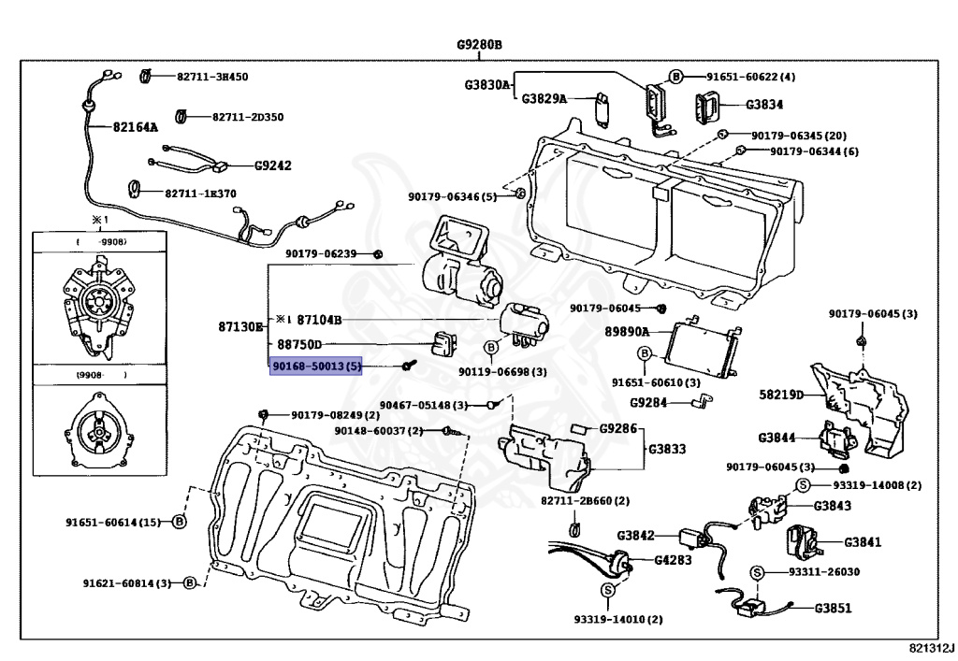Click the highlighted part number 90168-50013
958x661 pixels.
(315, 366)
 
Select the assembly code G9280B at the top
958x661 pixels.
(480, 45)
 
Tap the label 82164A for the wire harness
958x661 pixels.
(136, 127)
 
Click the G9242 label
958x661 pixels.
(273, 166)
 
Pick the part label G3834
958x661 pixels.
(764, 105)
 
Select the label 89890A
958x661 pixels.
(627, 331)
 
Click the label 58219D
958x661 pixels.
(781, 395)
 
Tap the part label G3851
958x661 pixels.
(833, 608)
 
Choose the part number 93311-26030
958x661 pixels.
(824, 571)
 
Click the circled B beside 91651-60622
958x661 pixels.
(675, 77)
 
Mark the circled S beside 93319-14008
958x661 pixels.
(802, 484)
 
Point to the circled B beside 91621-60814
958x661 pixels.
(190, 582)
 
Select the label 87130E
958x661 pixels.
(242, 326)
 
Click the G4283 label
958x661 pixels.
(674, 561)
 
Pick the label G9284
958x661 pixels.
(649, 403)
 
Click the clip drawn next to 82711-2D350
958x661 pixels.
(183, 116)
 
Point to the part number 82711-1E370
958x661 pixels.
(200, 194)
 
